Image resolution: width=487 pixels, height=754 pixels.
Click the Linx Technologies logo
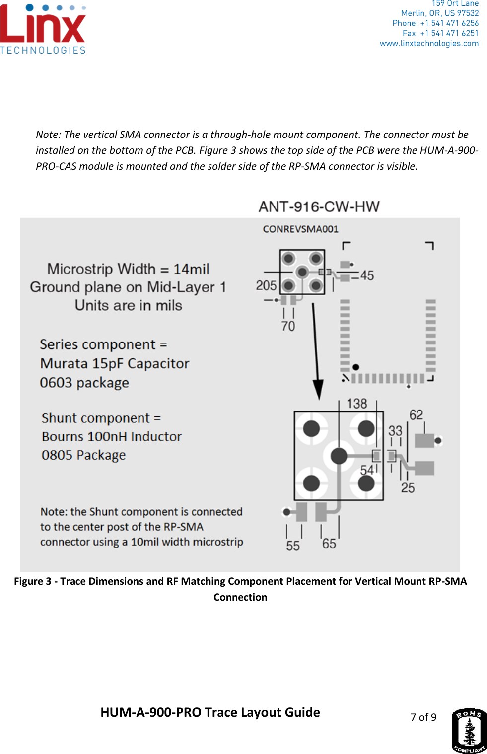pos(43,29)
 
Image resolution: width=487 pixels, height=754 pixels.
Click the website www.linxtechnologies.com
pos(429,44)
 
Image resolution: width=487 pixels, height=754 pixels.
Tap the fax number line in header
pos(440,33)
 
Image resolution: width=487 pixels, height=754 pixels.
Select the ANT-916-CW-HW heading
pos(319,206)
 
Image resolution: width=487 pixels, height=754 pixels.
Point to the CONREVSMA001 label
pos(300,229)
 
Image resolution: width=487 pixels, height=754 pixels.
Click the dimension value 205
pos(266,285)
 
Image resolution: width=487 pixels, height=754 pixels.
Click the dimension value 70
pos(288,326)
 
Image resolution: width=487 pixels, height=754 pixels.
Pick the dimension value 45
pos(367,275)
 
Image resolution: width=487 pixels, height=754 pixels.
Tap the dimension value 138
pos(356,404)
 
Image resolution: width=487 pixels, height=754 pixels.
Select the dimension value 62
pos(416,415)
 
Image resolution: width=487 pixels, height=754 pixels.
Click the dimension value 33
pos(395,430)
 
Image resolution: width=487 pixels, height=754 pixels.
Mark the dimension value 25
pos(408,488)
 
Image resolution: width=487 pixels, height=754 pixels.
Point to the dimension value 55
pos(293,546)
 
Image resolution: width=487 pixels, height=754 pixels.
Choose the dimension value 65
pos(329,544)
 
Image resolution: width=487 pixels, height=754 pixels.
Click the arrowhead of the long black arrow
pos(318,390)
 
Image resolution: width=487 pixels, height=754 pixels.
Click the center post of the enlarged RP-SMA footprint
pos(339,455)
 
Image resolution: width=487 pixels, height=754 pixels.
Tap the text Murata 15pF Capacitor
pos(115,364)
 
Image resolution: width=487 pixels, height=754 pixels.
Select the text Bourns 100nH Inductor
pos(112,437)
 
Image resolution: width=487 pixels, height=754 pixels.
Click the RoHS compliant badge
pos(469,730)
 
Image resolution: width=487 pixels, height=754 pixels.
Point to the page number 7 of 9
pos(423,717)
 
